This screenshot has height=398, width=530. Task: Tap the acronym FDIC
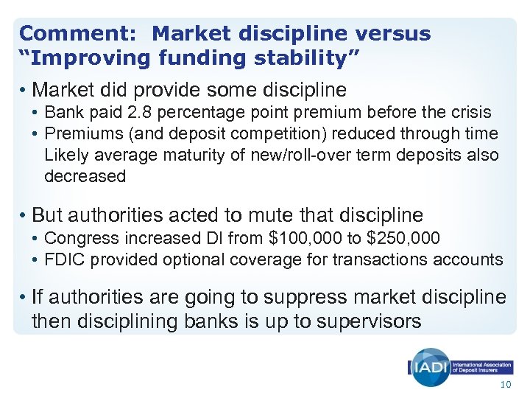(x=63, y=259)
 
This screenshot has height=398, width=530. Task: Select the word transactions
(x=382, y=259)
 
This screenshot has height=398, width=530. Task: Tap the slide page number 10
(x=504, y=386)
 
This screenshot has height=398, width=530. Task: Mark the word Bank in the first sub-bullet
(x=61, y=113)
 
